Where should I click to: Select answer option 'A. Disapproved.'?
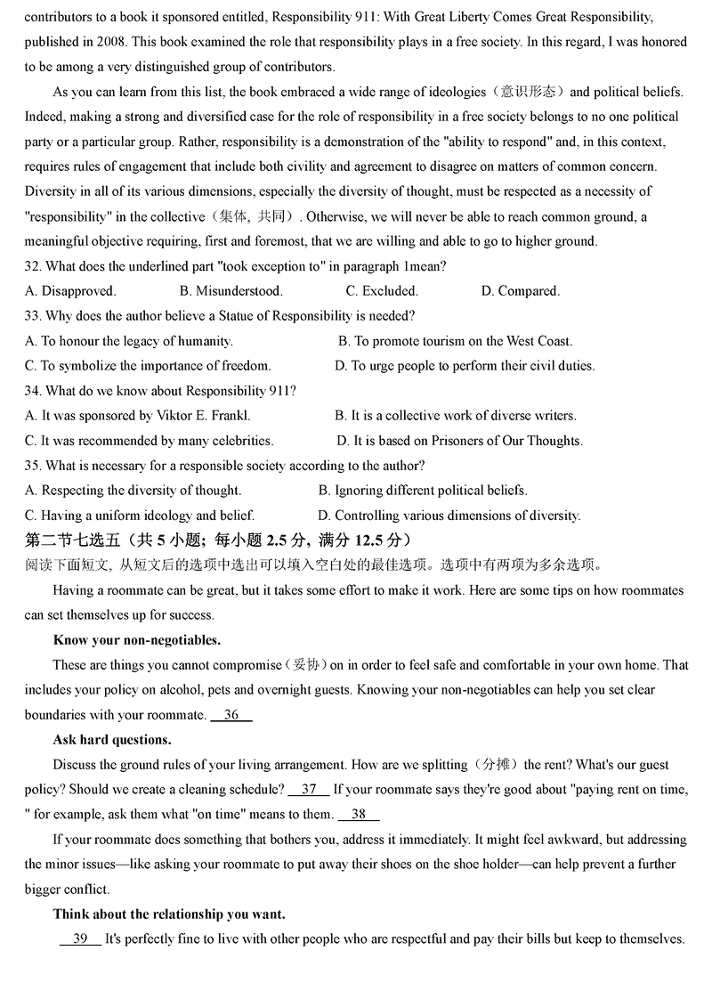(70, 291)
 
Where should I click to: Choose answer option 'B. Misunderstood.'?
(231, 291)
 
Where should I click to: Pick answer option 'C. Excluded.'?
(382, 291)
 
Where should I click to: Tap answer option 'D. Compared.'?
(521, 291)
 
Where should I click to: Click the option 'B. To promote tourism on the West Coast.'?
(455, 341)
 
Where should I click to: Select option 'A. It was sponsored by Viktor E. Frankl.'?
(138, 416)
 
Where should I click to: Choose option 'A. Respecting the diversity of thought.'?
(133, 491)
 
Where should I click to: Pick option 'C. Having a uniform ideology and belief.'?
(140, 516)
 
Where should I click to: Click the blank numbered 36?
(231, 715)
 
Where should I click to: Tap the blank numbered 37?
(309, 790)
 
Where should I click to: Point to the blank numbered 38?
(359, 815)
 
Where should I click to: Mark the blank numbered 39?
(80, 939)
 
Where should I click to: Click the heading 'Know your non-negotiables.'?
(137, 640)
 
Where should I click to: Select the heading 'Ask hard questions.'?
(112, 740)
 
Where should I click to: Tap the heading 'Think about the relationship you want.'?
(169, 914)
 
